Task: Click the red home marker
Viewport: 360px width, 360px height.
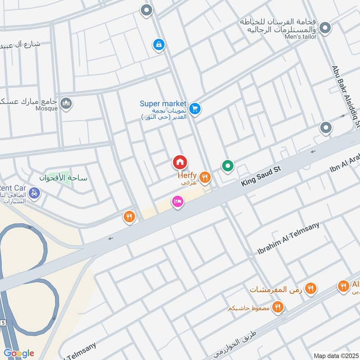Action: [x=180, y=162]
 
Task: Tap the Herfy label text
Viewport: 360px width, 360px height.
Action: [x=187, y=175]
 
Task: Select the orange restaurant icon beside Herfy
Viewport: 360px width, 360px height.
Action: [x=205, y=177]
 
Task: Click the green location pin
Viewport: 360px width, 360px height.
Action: [x=228, y=166]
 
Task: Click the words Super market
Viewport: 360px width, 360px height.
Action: [x=162, y=103]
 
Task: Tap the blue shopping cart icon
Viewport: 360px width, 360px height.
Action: [x=194, y=108]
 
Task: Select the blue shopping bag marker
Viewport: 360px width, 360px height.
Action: [x=158, y=45]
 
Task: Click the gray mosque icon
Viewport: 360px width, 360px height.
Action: [x=66, y=104]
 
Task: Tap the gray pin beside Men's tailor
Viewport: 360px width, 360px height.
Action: [x=325, y=29]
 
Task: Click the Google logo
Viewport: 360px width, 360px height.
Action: [x=18, y=353]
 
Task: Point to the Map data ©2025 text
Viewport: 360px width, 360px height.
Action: [x=336, y=355]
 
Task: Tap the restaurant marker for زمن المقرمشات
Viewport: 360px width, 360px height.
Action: [x=310, y=288]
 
